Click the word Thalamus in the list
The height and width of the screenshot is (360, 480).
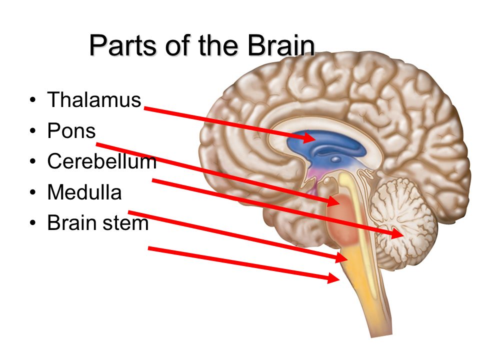click(94, 100)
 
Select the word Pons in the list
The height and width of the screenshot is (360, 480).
click(71, 131)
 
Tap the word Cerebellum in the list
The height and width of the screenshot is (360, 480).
click(101, 161)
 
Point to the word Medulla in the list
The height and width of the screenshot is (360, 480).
click(84, 192)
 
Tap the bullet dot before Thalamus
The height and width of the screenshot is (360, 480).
click(33, 100)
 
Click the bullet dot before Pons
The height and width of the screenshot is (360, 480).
click(33, 131)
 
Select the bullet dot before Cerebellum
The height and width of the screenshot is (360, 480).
click(33, 162)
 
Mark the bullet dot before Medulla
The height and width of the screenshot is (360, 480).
click(33, 193)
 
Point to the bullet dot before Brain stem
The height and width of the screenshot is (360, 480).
click(33, 223)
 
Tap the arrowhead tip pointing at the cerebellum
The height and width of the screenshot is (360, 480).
click(401, 233)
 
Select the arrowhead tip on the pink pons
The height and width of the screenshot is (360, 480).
click(338, 202)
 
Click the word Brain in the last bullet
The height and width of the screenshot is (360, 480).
click(70, 223)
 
